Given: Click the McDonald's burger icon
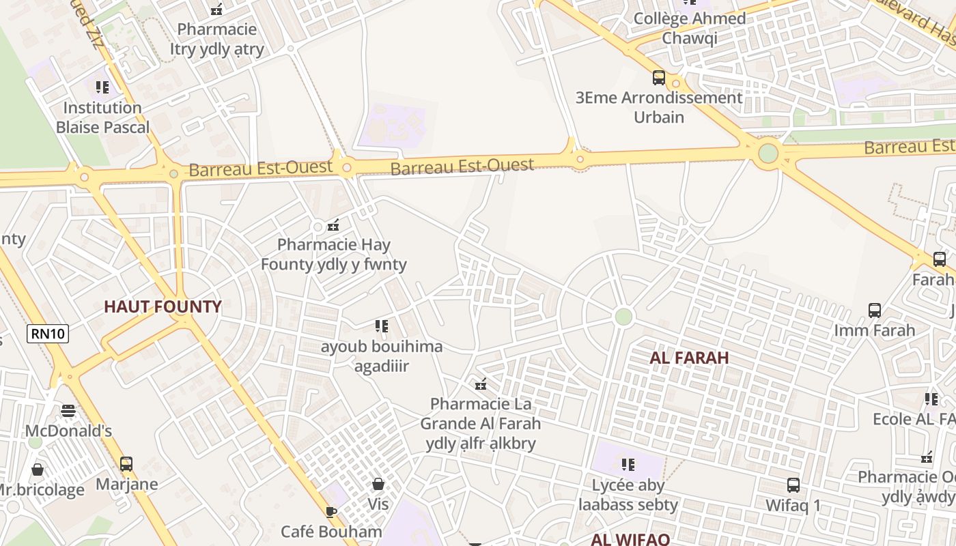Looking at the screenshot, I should (68, 411).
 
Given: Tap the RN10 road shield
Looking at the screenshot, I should (48, 334).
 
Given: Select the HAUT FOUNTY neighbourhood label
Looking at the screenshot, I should (163, 306).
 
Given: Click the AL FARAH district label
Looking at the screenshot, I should (689, 357).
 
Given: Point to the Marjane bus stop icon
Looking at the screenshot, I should (126, 464).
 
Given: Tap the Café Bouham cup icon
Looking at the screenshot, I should (331, 512).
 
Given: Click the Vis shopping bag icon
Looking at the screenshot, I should (378, 485).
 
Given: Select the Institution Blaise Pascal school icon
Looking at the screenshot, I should (102, 87).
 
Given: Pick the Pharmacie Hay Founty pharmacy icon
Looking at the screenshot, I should (333, 225).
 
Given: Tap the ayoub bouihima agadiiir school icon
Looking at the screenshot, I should (382, 326).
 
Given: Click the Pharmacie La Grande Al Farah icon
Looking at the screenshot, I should (481, 384).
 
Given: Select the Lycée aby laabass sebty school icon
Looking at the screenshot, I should (628, 465).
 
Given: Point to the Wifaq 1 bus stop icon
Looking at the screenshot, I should (793, 485).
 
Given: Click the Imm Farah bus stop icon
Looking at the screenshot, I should (875, 311).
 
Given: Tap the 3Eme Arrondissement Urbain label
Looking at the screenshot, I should (659, 107).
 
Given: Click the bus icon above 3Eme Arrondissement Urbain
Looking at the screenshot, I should (659, 78).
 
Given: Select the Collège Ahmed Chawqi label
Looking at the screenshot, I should (690, 28).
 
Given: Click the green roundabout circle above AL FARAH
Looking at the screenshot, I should (623, 317).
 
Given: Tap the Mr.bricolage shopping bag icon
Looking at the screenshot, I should (38, 470).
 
